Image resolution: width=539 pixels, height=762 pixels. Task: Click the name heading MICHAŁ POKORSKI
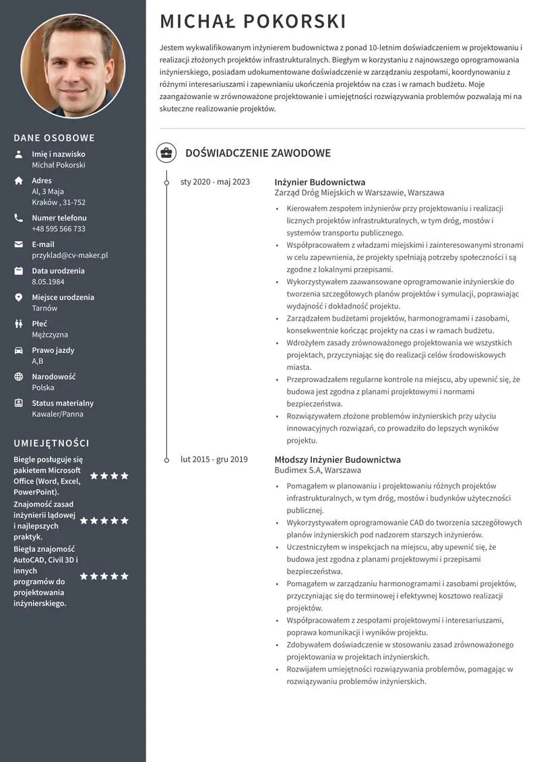(x=253, y=22)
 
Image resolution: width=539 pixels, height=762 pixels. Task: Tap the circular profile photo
(x=73, y=66)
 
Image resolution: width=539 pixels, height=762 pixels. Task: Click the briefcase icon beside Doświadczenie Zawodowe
(x=166, y=153)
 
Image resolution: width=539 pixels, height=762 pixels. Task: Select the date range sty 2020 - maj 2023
(x=215, y=182)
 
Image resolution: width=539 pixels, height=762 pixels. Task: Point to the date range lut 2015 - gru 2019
(x=214, y=459)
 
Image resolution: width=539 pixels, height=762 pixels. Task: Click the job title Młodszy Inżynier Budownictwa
(x=338, y=459)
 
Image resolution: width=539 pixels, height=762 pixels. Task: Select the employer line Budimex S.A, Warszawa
(x=317, y=470)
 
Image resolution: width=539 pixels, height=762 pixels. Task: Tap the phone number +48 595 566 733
(x=59, y=229)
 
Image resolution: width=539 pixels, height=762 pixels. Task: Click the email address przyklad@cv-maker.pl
(x=69, y=255)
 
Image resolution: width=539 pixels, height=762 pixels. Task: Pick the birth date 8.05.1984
(x=48, y=282)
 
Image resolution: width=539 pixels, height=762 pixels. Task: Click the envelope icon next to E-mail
(x=19, y=245)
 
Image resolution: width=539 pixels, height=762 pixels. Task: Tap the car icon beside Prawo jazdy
(x=19, y=350)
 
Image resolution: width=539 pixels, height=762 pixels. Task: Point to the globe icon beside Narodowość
(x=19, y=377)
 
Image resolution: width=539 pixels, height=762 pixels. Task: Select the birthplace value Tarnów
(x=44, y=308)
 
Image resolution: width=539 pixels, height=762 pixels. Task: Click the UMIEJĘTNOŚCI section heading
(x=52, y=443)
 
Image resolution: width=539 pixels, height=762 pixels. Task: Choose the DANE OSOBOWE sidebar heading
(x=55, y=138)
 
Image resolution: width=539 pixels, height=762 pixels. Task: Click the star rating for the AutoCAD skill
(x=104, y=576)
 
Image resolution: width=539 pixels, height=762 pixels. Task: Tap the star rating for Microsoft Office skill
(x=108, y=476)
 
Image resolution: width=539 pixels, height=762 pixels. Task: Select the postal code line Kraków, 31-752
(x=59, y=202)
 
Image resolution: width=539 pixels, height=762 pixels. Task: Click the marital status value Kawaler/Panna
(x=57, y=414)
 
